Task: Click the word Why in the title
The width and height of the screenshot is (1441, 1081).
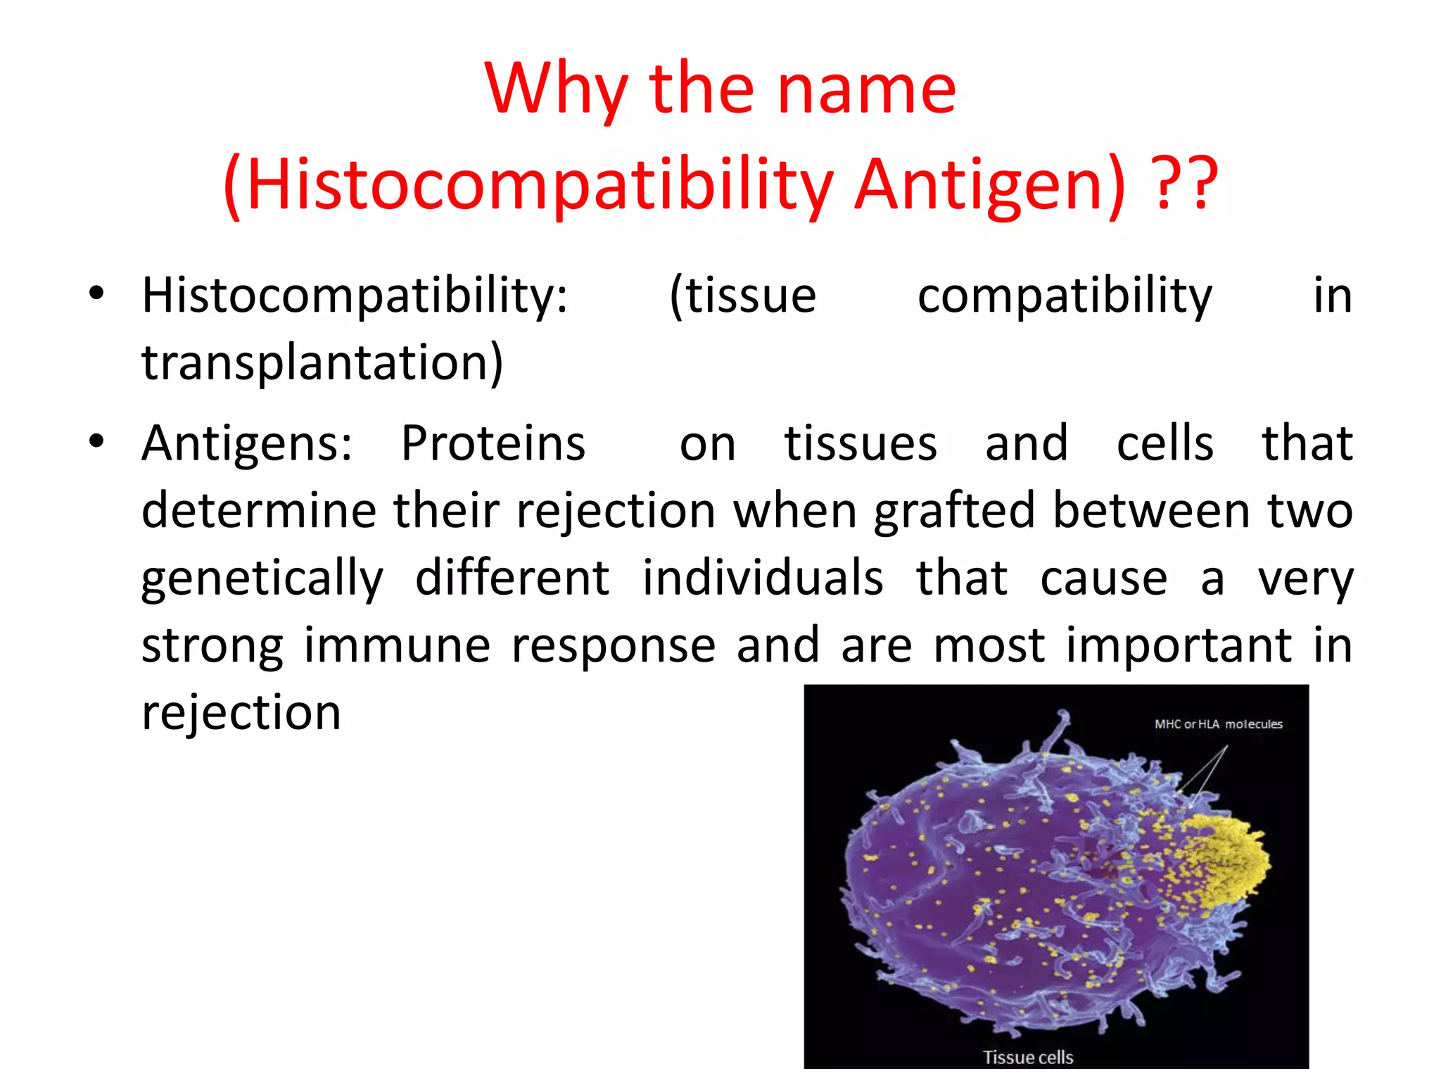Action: click(556, 90)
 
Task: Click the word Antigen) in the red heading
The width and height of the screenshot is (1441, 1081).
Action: click(990, 184)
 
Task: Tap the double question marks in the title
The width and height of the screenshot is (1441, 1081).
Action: click(1186, 184)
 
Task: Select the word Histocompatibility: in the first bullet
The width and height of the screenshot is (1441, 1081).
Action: click(355, 296)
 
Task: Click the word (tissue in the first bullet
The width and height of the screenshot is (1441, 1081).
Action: click(742, 296)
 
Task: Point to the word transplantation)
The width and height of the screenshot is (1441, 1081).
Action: click(322, 362)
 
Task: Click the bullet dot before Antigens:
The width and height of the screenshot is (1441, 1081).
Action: click(96, 442)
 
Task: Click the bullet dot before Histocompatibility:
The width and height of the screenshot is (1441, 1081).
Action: click(96, 293)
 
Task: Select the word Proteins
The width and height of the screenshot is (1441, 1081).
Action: click(493, 443)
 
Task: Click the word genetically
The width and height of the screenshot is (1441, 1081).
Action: click(262, 579)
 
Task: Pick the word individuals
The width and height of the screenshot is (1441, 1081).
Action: click(763, 579)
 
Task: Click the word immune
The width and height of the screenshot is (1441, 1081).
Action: click(397, 645)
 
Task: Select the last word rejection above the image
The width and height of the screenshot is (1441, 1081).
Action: click(241, 713)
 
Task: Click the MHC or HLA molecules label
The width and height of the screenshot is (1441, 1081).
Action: click(1218, 724)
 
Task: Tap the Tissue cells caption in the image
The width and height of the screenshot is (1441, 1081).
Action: click(1027, 1057)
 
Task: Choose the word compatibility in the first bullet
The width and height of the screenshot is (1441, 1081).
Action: click(1065, 296)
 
